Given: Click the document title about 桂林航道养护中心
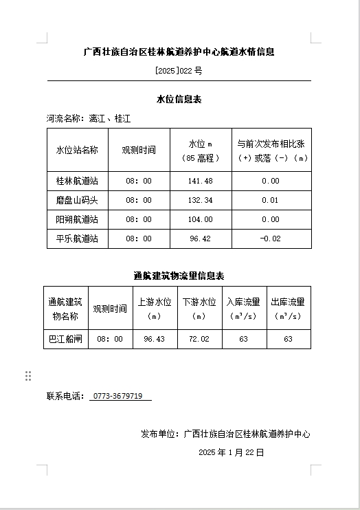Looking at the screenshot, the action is (x=179, y=52).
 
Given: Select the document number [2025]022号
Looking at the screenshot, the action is (x=179, y=71).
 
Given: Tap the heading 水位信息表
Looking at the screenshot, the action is (x=179, y=100).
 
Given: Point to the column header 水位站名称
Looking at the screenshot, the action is (x=77, y=150).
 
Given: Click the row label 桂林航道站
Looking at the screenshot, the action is (x=77, y=181).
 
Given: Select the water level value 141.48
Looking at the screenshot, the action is (x=200, y=181).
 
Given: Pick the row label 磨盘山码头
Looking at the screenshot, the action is (x=77, y=200).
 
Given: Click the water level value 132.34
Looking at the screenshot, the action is (x=200, y=200).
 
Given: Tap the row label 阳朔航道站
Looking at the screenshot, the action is (x=77, y=219).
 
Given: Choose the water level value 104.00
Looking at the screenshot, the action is (x=200, y=219).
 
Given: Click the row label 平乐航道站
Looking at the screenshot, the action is (x=77, y=239).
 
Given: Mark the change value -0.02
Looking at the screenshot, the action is (x=270, y=239).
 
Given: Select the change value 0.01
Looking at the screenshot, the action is (x=270, y=200).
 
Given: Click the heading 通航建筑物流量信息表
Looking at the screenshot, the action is (x=179, y=276).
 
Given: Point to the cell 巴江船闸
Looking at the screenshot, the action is (x=66, y=339).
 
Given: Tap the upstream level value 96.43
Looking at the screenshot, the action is (x=154, y=339).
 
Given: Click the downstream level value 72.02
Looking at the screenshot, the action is (x=199, y=339).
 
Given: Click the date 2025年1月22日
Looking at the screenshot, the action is (x=231, y=452).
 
